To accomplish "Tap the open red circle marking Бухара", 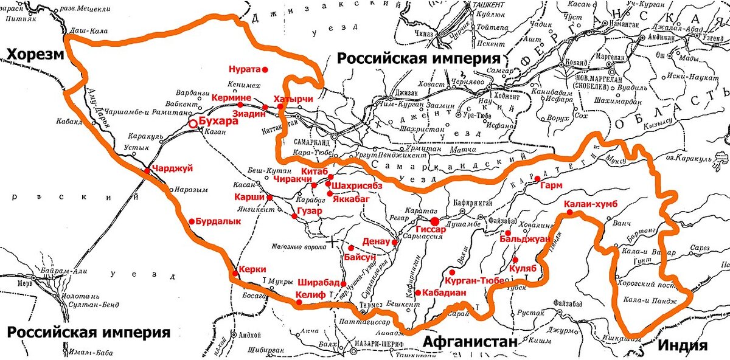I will tap(193, 123).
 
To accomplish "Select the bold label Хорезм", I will tap(35, 55).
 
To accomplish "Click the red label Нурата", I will tap(244, 69).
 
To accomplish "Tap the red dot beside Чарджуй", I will tap(147, 171).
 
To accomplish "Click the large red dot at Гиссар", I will tap(435, 221).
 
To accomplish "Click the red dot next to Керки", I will tap(234, 274).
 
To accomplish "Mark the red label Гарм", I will tap(551, 185).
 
